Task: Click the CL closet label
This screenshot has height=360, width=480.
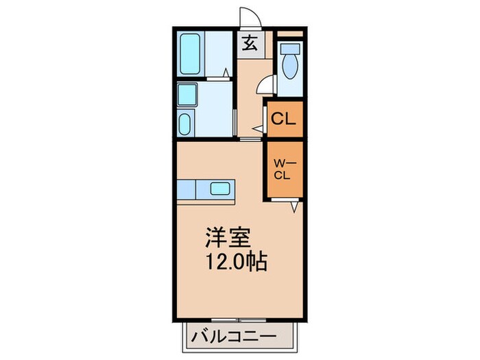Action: (283, 119)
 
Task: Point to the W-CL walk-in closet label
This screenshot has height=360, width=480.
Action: (283, 169)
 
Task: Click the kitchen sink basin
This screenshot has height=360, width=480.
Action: (221, 189)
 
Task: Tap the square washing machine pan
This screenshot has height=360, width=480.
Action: (187, 94)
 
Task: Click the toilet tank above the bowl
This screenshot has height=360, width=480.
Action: (289, 49)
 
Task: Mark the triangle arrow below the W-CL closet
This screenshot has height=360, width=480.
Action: (293, 206)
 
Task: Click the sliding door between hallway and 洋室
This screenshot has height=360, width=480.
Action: (250, 139)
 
